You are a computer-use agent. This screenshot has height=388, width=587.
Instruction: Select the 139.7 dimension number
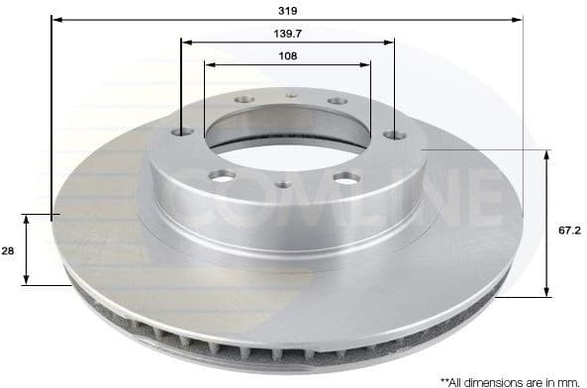pyautogui.click(x=289, y=34)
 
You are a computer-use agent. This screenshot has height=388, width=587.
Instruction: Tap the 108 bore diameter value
pyautogui.click(x=287, y=55)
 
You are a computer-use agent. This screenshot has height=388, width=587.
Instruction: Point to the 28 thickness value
pyautogui.click(x=9, y=252)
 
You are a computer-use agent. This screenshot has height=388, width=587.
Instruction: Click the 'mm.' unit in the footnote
pyautogui.click(x=571, y=380)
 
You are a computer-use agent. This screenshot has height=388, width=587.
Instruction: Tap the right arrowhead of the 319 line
pyautogui.click(x=517, y=19)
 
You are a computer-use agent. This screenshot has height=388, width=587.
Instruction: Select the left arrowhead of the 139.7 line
pyautogui.click(x=187, y=42)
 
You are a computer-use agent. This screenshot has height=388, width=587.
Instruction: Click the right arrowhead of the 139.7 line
pyautogui.click(x=390, y=42)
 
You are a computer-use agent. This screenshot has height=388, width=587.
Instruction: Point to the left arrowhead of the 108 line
pyautogui.click(x=209, y=65)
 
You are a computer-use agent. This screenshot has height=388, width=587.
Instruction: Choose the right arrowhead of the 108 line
pyautogui.click(x=366, y=65)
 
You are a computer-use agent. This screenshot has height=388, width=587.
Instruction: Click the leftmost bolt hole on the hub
pyautogui.click(x=181, y=132)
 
